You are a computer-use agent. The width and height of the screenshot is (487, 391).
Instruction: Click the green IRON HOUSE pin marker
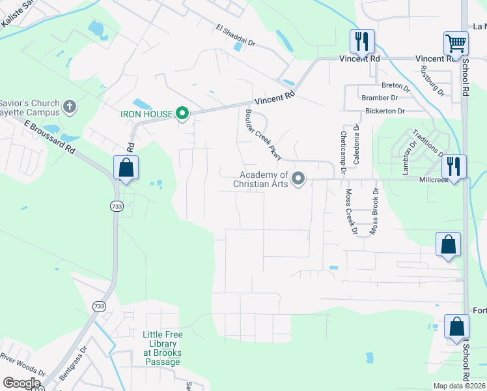pos(183,114)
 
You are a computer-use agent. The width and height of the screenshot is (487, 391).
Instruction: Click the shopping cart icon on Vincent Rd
pos(456,44)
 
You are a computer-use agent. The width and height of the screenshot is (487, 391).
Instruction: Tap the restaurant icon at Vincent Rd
pos(361,42)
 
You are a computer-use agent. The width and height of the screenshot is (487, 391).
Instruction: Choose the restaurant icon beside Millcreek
pos(454,166)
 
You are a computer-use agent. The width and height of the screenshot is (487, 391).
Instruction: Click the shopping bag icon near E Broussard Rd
pos(126,167)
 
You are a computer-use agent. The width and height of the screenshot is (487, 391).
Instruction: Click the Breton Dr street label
pos(396,86)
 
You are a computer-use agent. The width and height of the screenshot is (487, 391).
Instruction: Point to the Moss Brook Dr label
pos(374,211)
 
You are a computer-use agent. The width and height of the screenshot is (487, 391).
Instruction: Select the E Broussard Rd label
pos(49,136)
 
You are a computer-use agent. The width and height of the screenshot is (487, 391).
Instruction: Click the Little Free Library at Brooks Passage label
pos(163,344)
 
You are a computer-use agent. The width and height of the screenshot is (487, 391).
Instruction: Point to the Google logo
pos(21,383)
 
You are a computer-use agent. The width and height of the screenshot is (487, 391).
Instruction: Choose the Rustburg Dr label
pos(432,81)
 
